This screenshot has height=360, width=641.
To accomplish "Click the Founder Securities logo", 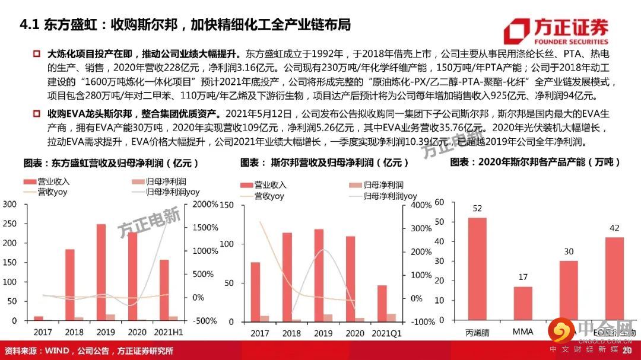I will click(x=556, y=31).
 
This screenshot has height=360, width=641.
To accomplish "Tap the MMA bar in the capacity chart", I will click(x=522, y=304).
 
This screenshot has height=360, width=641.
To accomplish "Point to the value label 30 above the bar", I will click(x=569, y=251).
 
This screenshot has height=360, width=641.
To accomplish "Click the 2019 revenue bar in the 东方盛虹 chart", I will click(x=101, y=272).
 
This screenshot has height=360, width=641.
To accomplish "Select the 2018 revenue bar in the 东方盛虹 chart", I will click(x=69, y=285).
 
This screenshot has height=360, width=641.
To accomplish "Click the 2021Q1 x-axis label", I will click(x=386, y=333).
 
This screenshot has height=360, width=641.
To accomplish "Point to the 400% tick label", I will click(x=421, y=205).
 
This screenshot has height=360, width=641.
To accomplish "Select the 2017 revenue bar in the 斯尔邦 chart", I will click(x=255, y=292).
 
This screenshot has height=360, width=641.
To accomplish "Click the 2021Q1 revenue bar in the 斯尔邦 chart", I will click(x=382, y=303).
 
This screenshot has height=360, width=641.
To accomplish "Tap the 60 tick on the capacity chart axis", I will click(x=439, y=202).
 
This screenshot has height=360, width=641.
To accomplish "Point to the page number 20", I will click(x=627, y=350).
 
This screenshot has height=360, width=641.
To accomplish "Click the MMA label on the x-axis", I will click(x=522, y=332).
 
